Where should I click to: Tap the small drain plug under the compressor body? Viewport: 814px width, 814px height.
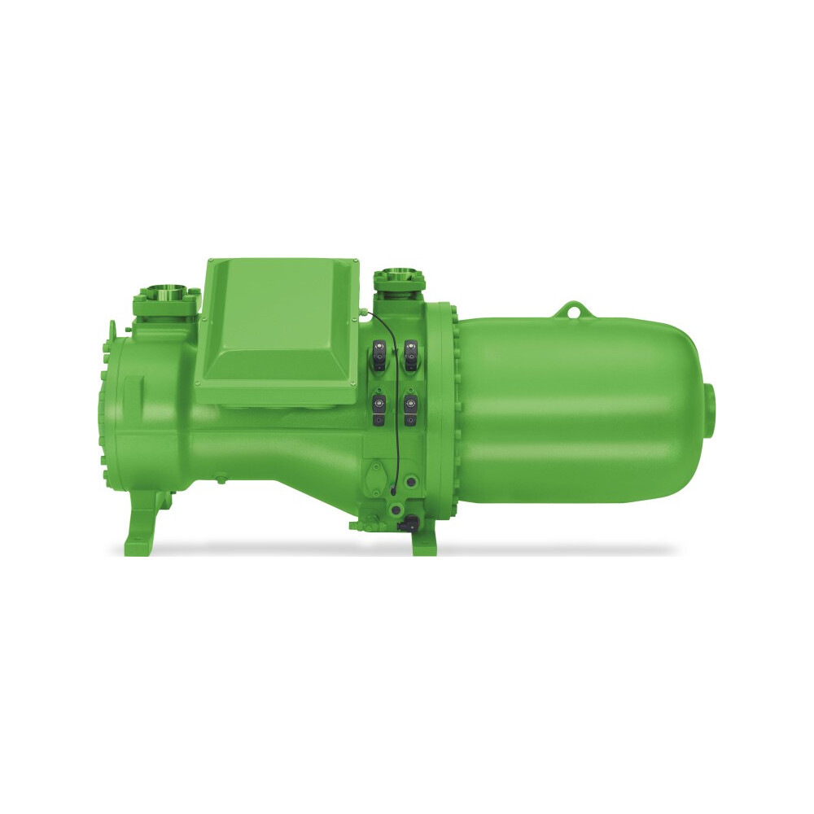click(218, 482)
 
